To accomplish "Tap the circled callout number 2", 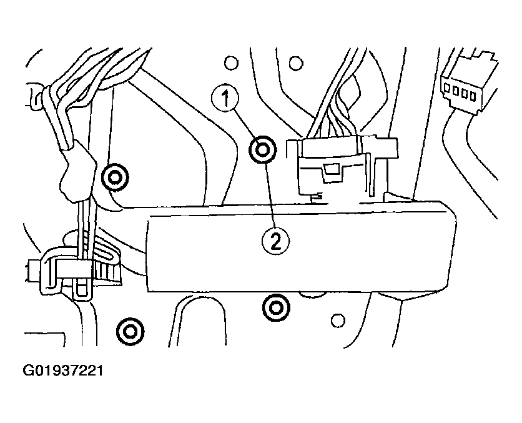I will [x=277, y=240].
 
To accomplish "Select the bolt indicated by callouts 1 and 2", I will [x=261, y=150].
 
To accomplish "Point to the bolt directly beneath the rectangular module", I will [x=274, y=306].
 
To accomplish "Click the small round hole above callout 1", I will [x=231, y=62].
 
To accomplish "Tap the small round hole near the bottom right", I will [x=338, y=321].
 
